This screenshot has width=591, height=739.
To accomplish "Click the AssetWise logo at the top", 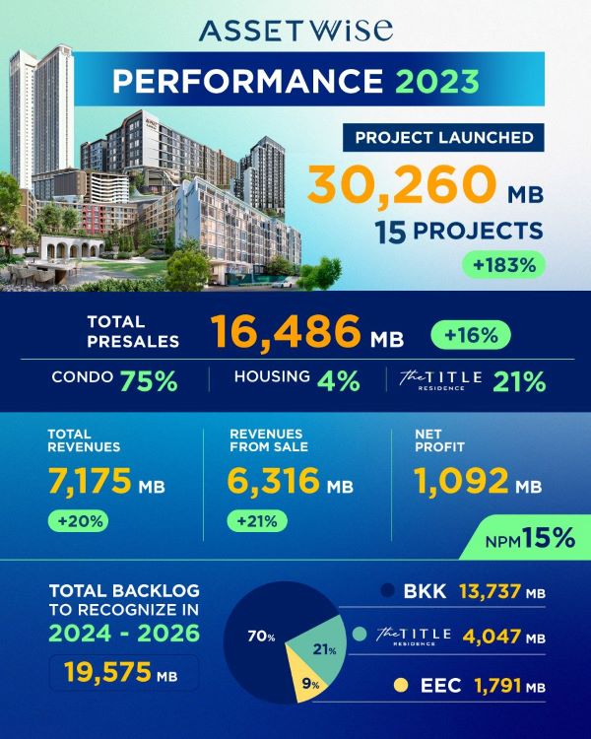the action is [295, 31].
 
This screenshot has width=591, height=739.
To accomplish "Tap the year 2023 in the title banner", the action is [437, 81].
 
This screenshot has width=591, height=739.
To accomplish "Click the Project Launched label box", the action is [443, 138].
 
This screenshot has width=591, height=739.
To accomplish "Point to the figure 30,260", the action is [402, 184].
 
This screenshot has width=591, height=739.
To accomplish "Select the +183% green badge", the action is [503, 265].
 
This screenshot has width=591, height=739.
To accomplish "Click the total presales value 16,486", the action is [286, 331].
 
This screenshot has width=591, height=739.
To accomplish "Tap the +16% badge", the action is [471, 335].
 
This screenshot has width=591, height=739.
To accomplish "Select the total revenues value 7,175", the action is [90, 481].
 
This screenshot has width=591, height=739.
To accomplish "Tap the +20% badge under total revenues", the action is [78, 521].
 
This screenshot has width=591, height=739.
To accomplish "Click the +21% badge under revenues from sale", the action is [257, 521].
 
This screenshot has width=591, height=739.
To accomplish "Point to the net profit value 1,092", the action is [461, 481].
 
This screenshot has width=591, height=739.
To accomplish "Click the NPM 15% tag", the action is [525, 538].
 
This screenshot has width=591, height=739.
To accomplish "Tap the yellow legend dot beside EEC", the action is [401, 685].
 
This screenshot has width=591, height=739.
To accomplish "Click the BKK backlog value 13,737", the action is [491, 591].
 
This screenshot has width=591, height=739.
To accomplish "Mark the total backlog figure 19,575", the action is [107, 672].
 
